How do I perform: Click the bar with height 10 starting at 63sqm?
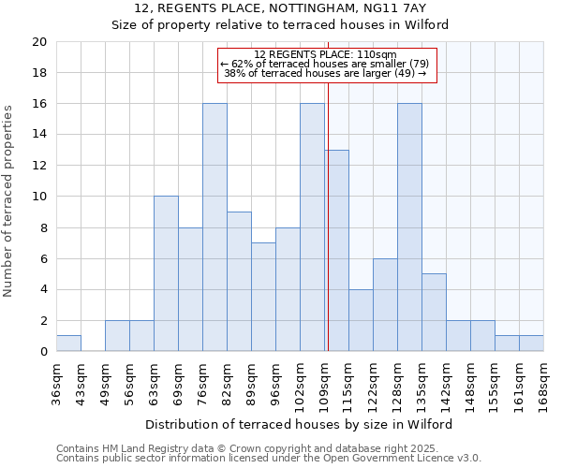pyautogui.click(x=166, y=273)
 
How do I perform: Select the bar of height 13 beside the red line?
pyautogui.click(x=338, y=251)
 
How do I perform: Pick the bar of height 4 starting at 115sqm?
pyautogui.click(x=361, y=320)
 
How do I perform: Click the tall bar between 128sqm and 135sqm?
pyautogui.click(x=409, y=227)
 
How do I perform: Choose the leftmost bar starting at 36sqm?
pyautogui.click(x=68, y=344)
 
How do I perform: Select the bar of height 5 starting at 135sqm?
pyautogui.click(x=434, y=313)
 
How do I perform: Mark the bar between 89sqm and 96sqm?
pyautogui.click(x=263, y=297)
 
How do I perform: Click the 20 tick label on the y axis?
pyautogui.click(x=38, y=42)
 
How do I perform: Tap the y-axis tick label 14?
pyautogui.click(x=38, y=135)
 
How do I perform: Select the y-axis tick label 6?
pyautogui.click(x=42, y=258)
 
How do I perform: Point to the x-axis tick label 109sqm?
pyautogui.click(x=324, y=385)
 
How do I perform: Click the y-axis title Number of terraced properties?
pyautogui.click(x=8, y=201)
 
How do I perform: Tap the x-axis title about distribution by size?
pyautogui.click(x=299, y=424)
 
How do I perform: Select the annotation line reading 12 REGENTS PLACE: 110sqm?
pyautogui.click(x=326, y=55)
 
